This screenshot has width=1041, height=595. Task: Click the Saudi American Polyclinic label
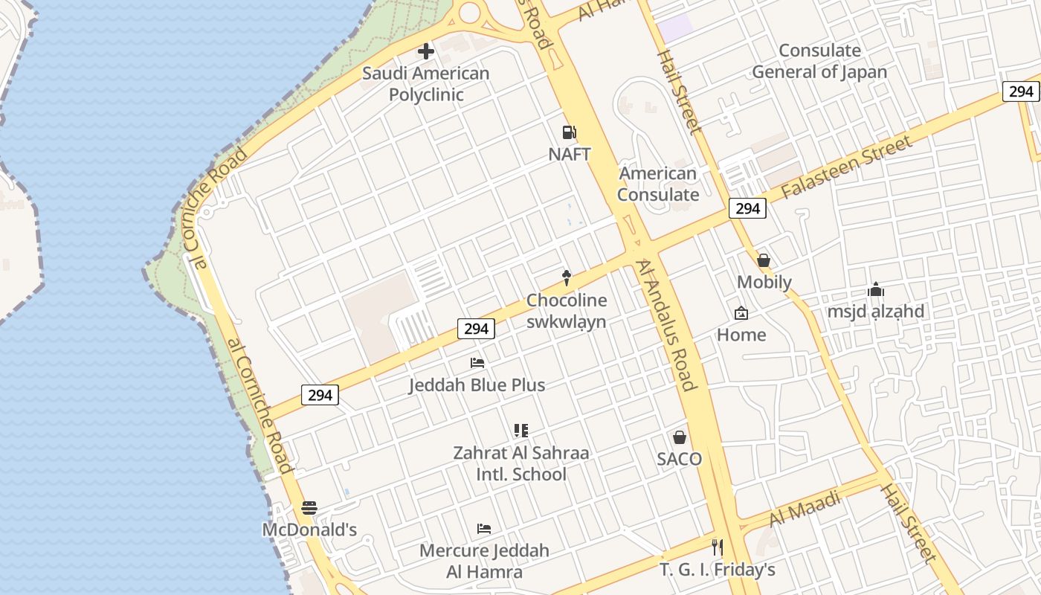[426, 84]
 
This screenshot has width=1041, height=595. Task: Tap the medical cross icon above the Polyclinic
[426, 51]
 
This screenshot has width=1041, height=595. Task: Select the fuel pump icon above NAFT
[569, 132]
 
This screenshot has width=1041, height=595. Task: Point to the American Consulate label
[658, 184]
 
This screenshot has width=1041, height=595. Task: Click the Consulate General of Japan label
[819, 61]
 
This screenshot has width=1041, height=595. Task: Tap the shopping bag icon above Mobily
[764, 260]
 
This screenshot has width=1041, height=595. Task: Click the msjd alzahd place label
[876, 311]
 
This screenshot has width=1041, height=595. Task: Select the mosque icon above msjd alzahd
[876, 289]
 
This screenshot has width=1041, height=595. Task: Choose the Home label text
[741, 335]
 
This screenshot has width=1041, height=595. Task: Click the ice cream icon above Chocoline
[567, 278]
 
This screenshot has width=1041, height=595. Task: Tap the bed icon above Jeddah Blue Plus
[477, 363]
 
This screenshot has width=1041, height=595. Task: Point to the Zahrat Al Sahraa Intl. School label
[520, 463]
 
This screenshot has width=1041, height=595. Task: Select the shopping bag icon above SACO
[680, 437]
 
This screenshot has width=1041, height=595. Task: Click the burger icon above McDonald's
[309, 508]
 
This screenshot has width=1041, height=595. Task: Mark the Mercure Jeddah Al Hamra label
[484, 562]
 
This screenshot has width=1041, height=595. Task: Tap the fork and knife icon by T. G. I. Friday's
[718, 548]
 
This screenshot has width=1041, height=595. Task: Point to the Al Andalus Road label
[667, 324]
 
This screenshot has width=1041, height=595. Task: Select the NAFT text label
[570, 154]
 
